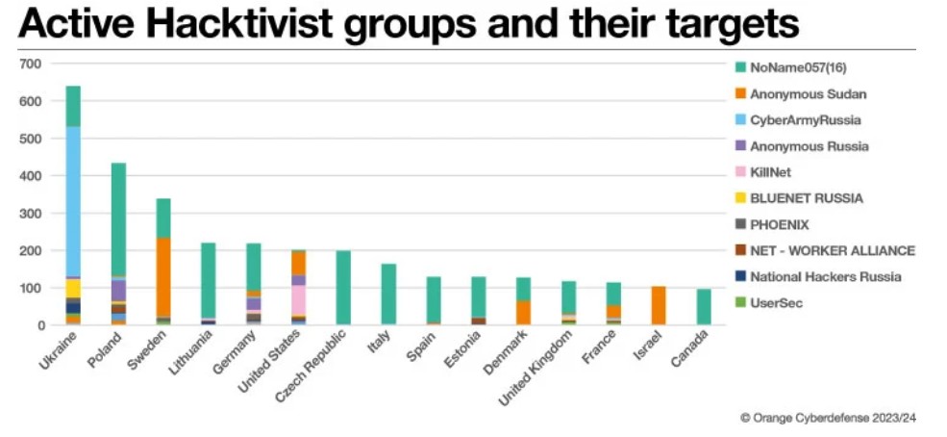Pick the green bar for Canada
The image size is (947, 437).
(704, 307)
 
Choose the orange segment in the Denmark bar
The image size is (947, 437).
(524, 313)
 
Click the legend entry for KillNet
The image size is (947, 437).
(771, 172)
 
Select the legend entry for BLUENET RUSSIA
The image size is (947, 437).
(806, 198)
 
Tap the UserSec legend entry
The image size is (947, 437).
(777, 302)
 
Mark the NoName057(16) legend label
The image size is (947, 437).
(797, 67)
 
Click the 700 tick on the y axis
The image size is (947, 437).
(32, 64)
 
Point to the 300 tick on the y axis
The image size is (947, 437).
(32, 214)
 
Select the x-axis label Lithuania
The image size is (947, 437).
(195, 352)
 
